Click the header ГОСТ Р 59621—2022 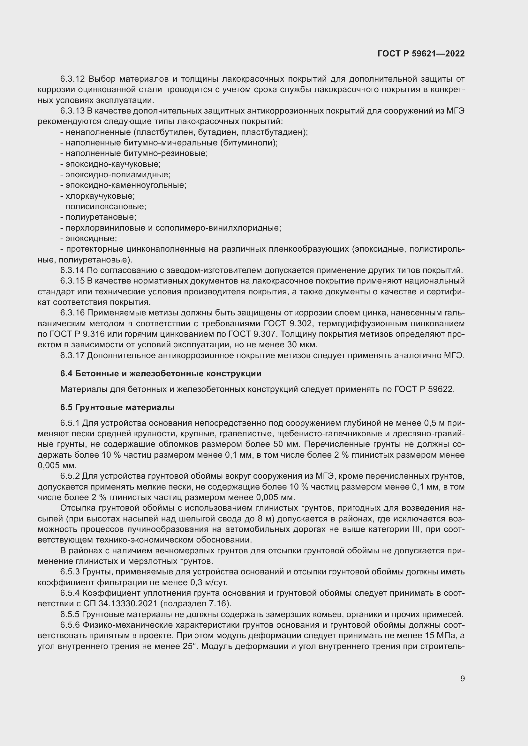[421, 54]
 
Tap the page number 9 [462, 678]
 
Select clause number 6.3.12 [72, 79]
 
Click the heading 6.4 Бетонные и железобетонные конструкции [161, 374]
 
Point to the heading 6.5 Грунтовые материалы [117, 407]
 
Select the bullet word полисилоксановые [106, 207]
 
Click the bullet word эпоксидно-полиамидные [118, 175]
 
